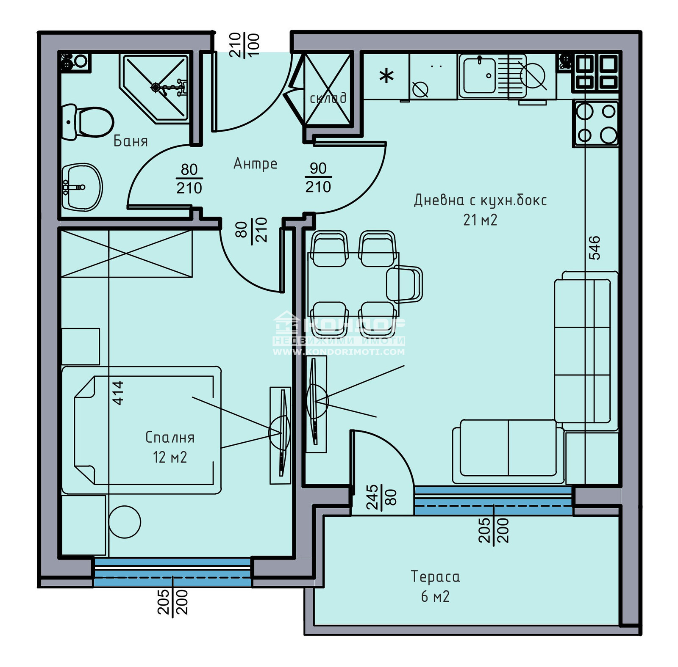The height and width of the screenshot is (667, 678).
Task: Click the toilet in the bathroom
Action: click(89, 123)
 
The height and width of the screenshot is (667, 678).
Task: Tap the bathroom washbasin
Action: click(81, 187)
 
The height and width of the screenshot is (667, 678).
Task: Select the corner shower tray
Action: click(156, 88)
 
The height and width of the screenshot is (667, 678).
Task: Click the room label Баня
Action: click(131, 141)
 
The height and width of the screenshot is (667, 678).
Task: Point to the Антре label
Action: click(255, 163)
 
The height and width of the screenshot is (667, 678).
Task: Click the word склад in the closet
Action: click(328, 98)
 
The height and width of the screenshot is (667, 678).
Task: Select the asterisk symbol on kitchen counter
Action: click(386, 77)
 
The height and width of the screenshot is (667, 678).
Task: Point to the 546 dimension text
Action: click(594, 248)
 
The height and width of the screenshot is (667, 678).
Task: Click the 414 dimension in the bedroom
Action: click(118, 393)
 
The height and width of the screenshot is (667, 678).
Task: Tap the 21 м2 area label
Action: click(480, 220)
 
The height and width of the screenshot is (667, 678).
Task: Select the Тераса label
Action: click(435, 576)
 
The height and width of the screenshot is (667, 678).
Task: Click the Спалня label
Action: click(169, 437)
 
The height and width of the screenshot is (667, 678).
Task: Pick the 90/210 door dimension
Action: click(318, 177)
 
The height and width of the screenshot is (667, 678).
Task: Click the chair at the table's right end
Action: click(405, 284)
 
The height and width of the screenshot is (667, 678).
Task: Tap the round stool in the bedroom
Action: click(124, 522)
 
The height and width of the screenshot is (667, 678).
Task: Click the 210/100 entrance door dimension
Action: click(244, 45)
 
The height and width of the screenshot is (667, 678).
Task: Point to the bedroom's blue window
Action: click(172, 572)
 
